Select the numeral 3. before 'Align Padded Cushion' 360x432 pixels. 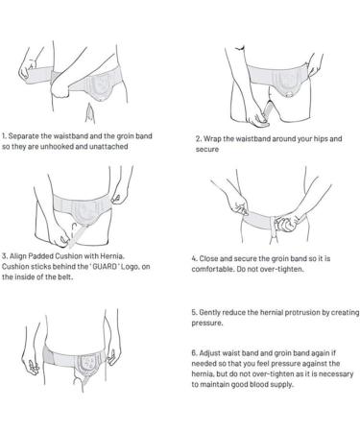[4, 255]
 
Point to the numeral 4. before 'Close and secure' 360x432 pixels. [196, 257]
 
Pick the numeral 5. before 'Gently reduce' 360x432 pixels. [196, 314]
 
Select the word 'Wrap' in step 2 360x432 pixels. [214, 138]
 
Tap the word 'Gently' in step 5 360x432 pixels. [215, 314]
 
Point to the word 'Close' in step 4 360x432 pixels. [213, 257]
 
